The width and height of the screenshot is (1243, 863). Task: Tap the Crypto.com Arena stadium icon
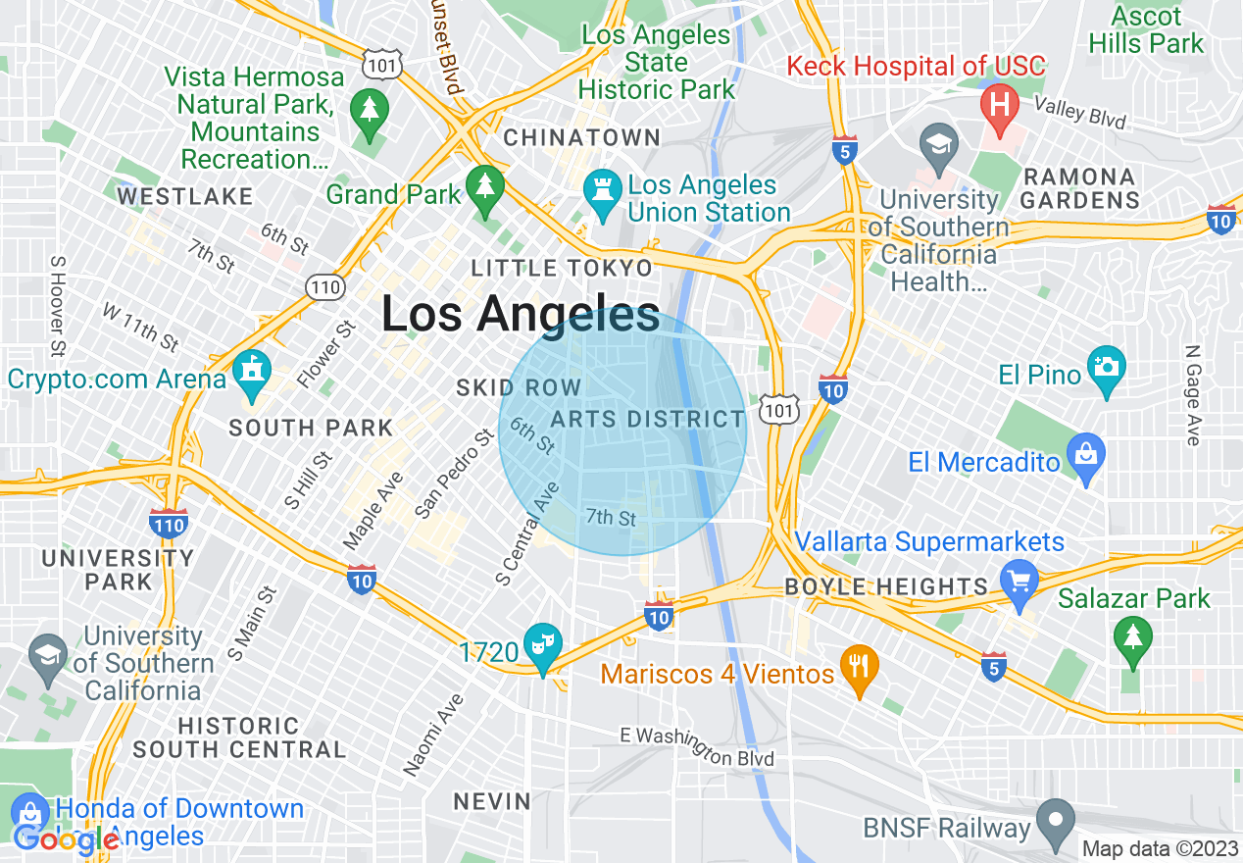252,374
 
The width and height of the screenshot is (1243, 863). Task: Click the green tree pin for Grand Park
484,186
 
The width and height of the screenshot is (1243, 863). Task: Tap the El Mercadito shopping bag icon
1085,456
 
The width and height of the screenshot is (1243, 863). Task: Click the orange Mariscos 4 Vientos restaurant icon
859,669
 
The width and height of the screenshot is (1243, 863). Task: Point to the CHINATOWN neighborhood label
582,138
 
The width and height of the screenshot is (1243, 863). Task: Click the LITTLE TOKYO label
561,268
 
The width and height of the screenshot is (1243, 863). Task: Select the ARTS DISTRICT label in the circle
648,419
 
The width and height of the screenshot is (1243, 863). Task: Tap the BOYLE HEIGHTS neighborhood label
886,586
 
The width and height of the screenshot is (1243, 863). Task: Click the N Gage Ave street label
1192,395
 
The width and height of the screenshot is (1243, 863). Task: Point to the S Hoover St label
58,306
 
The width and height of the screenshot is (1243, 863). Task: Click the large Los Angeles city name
520,315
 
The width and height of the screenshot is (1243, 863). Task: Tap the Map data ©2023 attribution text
1160,848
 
